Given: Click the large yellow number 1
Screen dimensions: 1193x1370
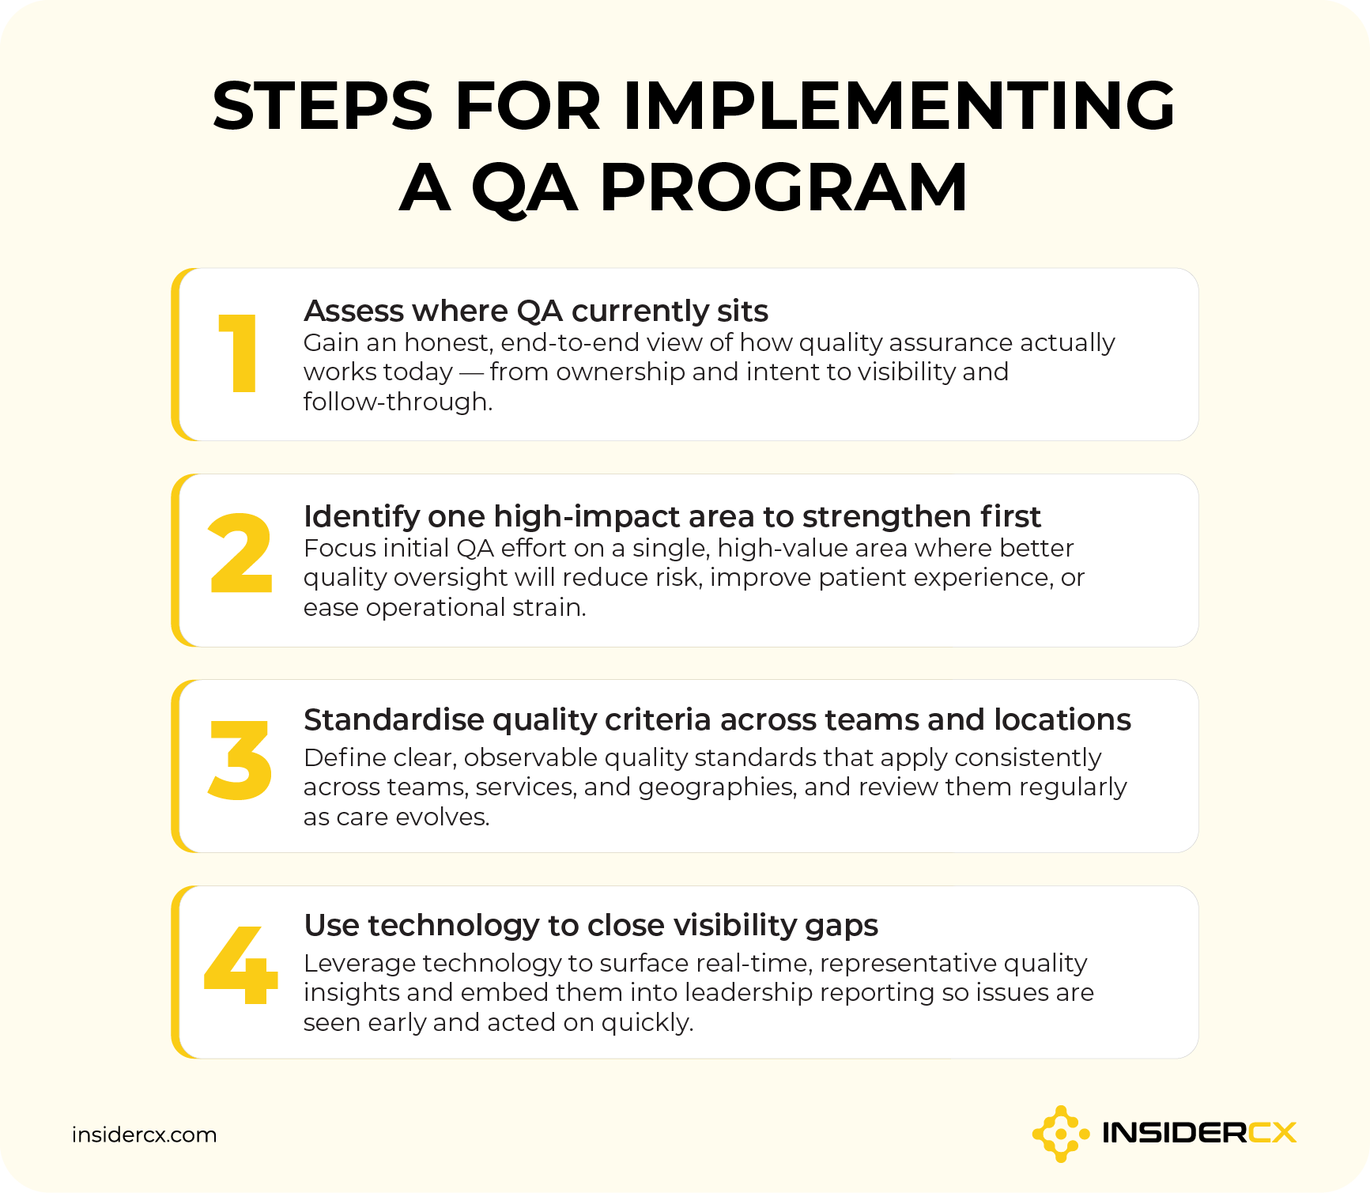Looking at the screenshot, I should (x=239, y=353).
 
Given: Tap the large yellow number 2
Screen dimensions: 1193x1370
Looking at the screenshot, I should (x=240, y=553).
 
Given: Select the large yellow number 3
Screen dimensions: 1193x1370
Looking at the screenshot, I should (x=240, y=760).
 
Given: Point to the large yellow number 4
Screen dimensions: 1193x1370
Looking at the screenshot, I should (x=241, y=965).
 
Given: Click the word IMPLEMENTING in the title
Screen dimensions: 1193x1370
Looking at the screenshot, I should (x=899, y=106).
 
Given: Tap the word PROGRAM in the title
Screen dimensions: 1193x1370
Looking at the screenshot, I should (x=783, y=188).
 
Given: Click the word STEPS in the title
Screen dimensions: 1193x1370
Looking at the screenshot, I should (x=323, y=106).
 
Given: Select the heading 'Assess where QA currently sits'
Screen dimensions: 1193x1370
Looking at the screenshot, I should (x=535, y=311).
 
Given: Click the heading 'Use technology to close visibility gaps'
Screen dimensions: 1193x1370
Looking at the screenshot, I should (x=591, y=925).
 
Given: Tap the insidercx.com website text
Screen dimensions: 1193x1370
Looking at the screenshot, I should (x=144, y=1134).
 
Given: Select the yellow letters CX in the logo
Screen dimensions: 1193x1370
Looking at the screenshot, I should (x=1272, y=1134).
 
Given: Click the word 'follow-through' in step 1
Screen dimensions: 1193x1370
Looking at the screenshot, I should (x=394, y=402).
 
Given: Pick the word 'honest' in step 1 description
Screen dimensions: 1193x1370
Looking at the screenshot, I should (x=447, y=342).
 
